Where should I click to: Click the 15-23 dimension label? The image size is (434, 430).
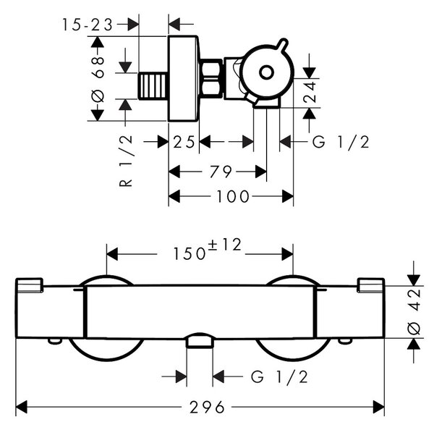pyautogui.click(x=88, y=25)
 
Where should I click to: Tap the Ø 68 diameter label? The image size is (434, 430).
pyautogui.click(x=98, y=79)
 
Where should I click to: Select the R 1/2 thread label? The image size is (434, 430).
pyautogui.click(x=126, y=161)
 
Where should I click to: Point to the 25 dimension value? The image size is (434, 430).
pyautogui.click(x=184, y=142)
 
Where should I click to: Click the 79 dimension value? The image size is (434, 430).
pyautogui.click(x=221, y=172)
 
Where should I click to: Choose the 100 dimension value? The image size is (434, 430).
pyautogui.click(x=233, y=196)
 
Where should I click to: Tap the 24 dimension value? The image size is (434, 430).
pyautogui.click(x=309, y=92)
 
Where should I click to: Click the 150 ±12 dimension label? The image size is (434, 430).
pyautogui.click(x=208, y=250)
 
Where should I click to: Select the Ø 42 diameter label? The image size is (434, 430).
pyautogui.click(x=414, y=312)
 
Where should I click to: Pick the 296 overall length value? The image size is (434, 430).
pyautogui.click(x=207, y=407)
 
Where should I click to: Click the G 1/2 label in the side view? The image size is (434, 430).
pyautogui.click(x=341, y=142)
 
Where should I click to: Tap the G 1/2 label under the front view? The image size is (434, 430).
pyautogui.click(x=279, y=377)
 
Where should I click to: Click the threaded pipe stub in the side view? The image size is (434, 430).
pyautogui.click(x=153, y=85)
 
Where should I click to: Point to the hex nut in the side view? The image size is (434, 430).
pyautogui.click(x=211, y=78)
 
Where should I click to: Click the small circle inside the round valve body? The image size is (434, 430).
pyautogui.click(x=266, y=72)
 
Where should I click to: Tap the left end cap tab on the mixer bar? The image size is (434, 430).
pyautogui.click(x=30, y=284)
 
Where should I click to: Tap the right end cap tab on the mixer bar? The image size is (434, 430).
pyautogui.click(x=371, y=284)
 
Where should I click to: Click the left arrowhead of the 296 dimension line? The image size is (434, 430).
pyautogui.click(x=22, y=407)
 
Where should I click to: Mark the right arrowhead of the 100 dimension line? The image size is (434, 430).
pyautogui.click(x=288, y=196)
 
